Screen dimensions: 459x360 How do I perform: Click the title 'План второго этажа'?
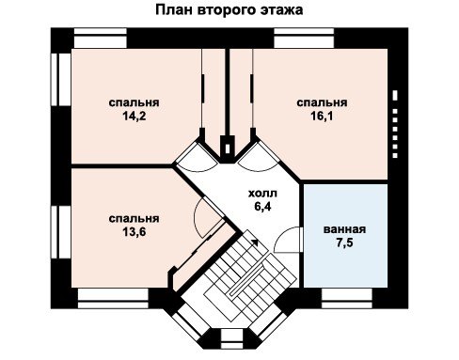coord(229,10)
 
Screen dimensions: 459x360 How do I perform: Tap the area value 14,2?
coord(135,117)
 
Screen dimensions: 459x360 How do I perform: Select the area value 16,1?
coord(322,117)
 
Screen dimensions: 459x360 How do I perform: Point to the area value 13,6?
coord(135,232)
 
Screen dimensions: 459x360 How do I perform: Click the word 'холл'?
coord(262,194)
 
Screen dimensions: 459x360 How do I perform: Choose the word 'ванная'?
coord(344,229)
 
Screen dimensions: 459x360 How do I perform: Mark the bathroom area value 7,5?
coord(344,243)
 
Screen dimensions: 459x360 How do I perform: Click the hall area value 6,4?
coord(262,207)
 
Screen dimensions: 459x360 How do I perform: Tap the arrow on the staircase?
coord(255,243)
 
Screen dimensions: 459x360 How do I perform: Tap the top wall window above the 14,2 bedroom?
coord(101,39)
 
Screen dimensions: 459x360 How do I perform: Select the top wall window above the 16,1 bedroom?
coord(304,39)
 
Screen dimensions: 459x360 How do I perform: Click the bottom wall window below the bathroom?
coord(347,299)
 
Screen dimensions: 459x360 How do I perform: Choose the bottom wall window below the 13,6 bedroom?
coord(113,299)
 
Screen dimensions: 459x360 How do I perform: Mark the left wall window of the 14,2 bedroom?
coord(61,80)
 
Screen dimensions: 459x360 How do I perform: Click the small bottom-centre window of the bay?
coord(232,339)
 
